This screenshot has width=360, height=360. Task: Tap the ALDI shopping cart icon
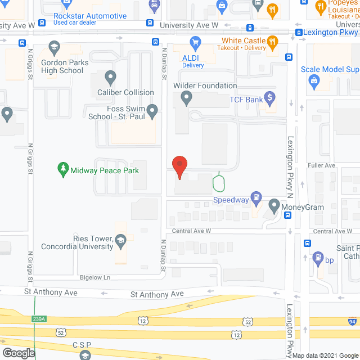[195, 42]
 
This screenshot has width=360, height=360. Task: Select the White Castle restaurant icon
[272, 41]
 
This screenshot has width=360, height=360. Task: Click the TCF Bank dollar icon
[270, 99]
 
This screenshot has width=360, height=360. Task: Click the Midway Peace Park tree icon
[63, 168]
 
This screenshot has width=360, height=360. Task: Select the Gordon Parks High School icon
[55, 47]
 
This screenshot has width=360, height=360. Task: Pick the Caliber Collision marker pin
[110, 76]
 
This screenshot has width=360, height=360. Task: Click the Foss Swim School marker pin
[152, 112]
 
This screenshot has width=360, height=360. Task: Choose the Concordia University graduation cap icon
[120, 241]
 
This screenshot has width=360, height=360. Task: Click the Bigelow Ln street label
[94, 277]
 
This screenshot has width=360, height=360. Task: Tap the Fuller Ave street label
[321, 165]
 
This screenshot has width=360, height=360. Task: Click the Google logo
[18, 353]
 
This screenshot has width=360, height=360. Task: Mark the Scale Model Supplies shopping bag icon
[314, 83]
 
